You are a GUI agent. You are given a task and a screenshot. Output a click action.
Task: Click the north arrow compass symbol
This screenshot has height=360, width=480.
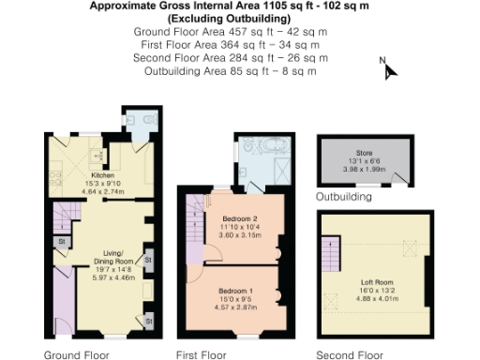click(389, 69)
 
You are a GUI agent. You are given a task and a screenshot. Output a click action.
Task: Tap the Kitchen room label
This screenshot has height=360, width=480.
click(100, 175)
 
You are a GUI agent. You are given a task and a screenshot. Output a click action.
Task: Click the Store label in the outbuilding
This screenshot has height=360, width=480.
click(364, 152)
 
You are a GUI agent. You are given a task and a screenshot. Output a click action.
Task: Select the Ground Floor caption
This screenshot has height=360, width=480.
click(76, 354)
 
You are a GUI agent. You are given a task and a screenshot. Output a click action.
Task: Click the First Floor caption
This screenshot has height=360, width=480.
click(202, 354)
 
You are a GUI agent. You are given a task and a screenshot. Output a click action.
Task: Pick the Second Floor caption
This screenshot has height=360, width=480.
click(350, 354)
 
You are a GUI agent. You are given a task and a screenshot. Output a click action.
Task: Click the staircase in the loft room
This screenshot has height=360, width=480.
click(331, 252)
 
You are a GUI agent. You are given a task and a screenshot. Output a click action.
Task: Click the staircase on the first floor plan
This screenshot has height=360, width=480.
click(195, 217)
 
